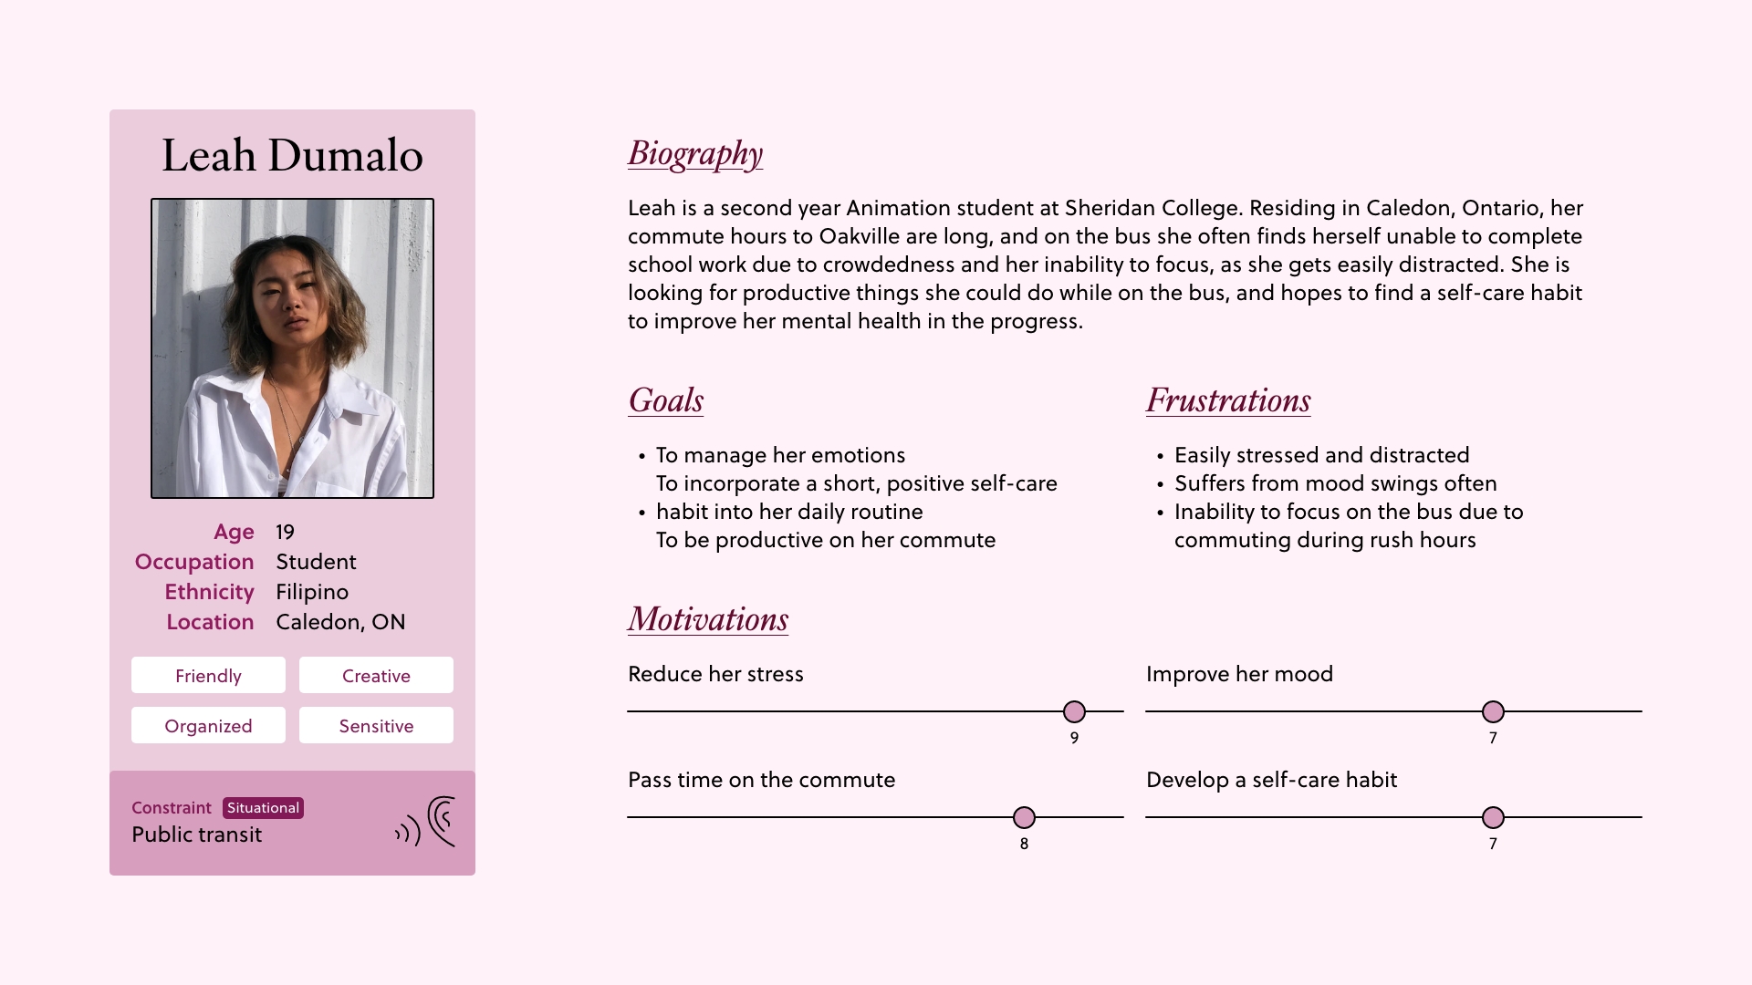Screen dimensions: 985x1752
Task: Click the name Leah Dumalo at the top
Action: tap(292, 156)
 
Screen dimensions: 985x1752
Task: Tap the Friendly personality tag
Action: tap(208, 676)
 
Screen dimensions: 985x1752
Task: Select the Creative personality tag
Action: tap(376, 676)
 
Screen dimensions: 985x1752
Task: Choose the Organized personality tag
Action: tap(208, 726)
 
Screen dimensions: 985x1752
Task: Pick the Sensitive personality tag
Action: tap(376, 726)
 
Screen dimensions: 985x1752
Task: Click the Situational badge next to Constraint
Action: tap(263, 808)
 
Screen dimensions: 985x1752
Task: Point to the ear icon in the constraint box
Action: tap(442, 822)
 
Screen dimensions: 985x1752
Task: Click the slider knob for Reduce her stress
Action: tap(1074, 711)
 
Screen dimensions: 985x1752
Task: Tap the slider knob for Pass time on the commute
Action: tap(1024, 817)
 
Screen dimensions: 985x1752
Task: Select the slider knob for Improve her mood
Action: tap(1493, 711)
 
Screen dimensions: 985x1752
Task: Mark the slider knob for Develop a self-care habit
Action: tap(1493, 817)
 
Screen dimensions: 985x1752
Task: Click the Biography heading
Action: tap(695, 154)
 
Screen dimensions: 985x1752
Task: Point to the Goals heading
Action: tap(666, 400)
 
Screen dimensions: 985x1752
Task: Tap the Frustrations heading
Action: tap(1228, 400)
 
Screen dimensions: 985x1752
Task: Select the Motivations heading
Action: tap(708, 619)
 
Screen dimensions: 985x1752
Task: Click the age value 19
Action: tap(285, 532)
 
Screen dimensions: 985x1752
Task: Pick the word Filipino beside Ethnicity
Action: tap(312, 592)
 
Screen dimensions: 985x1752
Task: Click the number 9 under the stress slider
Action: tap(1074, 738)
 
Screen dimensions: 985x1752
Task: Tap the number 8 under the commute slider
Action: tap(1024, 844)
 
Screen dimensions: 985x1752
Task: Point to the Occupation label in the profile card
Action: tap(194, 562)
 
